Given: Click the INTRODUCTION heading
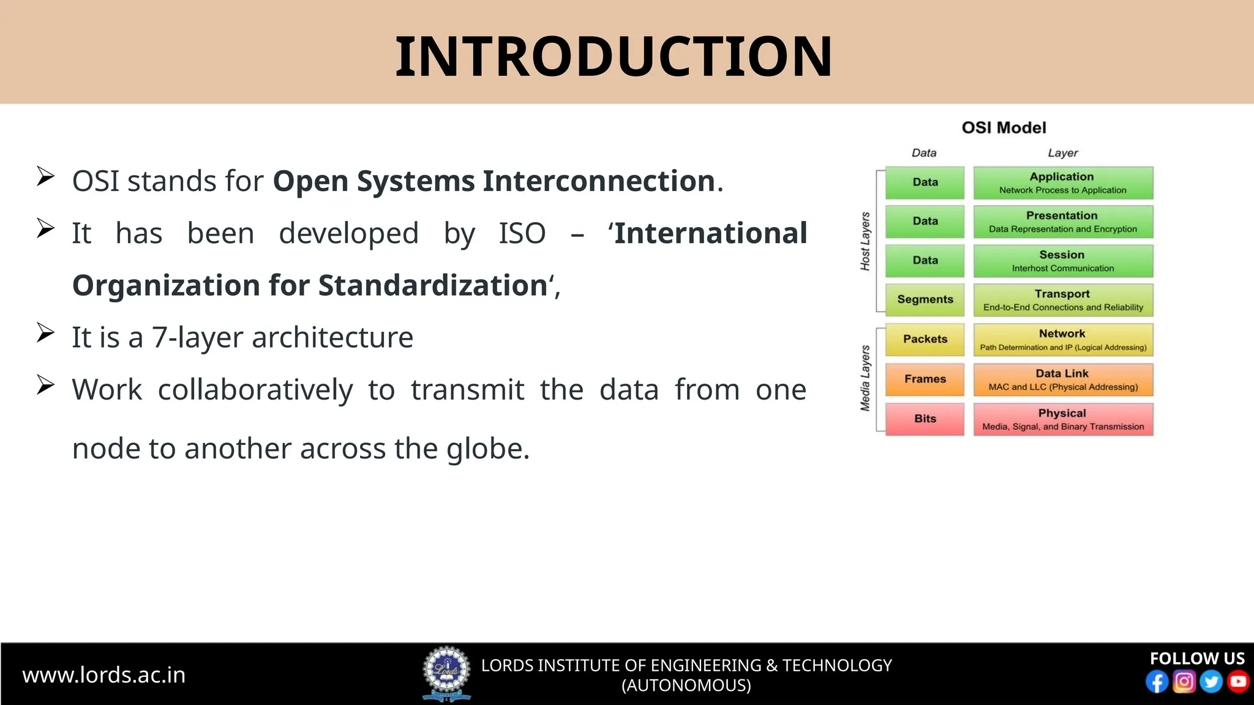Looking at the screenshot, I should (x=614, y=56).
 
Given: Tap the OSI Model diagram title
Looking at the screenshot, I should (x=1004, y=128).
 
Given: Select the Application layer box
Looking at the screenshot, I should (x=1063, y=183).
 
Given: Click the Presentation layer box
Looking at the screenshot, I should (x=1063, y=222).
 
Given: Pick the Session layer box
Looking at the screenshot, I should (x=1063, y=261).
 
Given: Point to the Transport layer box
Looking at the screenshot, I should (x=1063, y=300).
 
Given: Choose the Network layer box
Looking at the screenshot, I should (x=1063, y=340).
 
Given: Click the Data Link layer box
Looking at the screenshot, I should (x=1063, y=380).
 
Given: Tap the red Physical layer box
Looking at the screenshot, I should (x=1063, y=419).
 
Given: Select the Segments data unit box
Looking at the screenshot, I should (x=925, y=300).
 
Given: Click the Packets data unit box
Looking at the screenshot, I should (x=925, y=340).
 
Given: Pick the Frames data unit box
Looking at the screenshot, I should (x=925, y=379).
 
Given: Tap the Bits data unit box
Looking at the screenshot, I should (x=925, y=419).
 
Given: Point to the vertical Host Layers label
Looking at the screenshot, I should (x=865, y=241).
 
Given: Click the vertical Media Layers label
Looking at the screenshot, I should (x=865, y=378).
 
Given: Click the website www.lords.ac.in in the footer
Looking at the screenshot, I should (x=104, y=675).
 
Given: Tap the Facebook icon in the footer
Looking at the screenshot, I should (x=1157, y=682).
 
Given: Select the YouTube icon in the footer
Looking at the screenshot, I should (x=1238, y=682).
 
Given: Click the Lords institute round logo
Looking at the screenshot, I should (x=447, y=673).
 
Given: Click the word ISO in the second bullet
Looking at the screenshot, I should (x=522, y=234).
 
